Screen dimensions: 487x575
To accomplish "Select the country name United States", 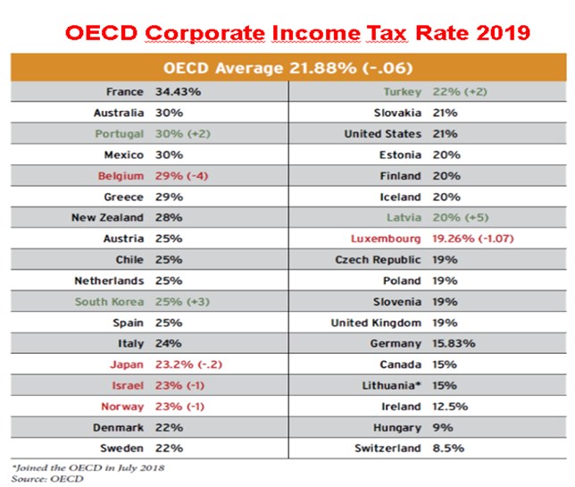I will pos(382,134).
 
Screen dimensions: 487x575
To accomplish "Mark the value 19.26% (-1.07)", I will pos(470,239).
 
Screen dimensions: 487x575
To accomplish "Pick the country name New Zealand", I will pos(109,217).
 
